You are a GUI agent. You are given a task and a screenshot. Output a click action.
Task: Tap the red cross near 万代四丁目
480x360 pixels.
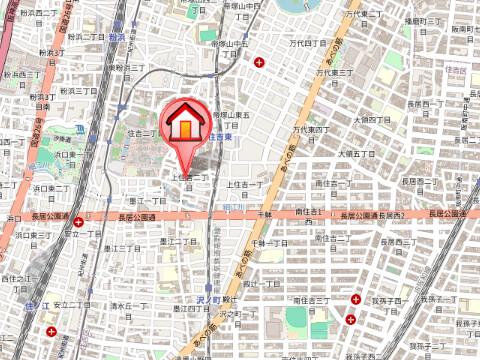[x=261, y=63]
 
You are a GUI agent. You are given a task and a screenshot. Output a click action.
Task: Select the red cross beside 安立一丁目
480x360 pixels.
[x=78, y=215]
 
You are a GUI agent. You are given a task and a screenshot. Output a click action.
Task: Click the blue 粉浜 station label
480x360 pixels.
[x=117, y=36]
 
